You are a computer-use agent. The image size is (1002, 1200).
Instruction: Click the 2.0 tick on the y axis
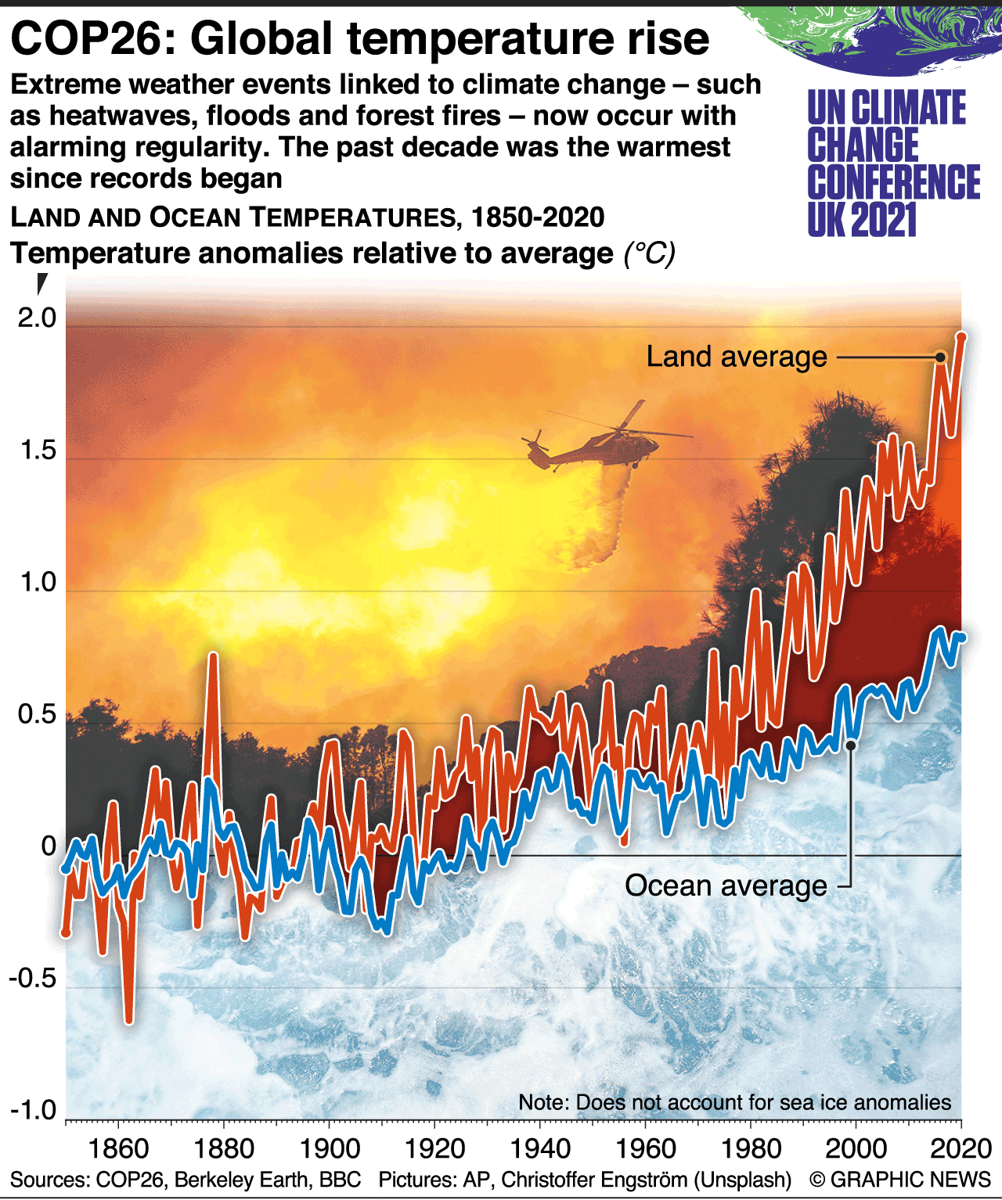(38, 318)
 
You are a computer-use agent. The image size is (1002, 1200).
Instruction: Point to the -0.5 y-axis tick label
(33, 979)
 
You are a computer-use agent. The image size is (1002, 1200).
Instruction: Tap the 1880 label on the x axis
(224, 1149)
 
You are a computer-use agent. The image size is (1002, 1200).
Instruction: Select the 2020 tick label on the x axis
(960, 1149)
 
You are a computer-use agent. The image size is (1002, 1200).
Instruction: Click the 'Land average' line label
(736, 357)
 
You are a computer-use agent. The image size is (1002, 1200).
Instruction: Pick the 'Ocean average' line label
(726, 886)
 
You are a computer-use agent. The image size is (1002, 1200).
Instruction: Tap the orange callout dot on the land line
(940, 357)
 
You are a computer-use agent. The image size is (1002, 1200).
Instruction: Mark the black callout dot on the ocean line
(851, 746)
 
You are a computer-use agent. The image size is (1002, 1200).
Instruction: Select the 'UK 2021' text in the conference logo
(862, 220)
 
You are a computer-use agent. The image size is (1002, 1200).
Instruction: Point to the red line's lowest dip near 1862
(129, 1019)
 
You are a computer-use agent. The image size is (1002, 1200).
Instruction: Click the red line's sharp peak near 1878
(213, 656)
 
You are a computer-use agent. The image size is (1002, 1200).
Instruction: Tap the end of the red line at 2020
(961, 336)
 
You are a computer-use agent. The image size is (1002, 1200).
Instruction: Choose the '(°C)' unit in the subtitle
(649, 253)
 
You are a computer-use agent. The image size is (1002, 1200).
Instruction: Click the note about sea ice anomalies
(734, 1102)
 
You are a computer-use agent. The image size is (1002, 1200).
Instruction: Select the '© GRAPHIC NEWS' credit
(900, 1180)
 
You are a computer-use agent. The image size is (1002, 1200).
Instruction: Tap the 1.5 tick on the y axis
(38, 451)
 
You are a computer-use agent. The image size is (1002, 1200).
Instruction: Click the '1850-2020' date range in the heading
(538, 217)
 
